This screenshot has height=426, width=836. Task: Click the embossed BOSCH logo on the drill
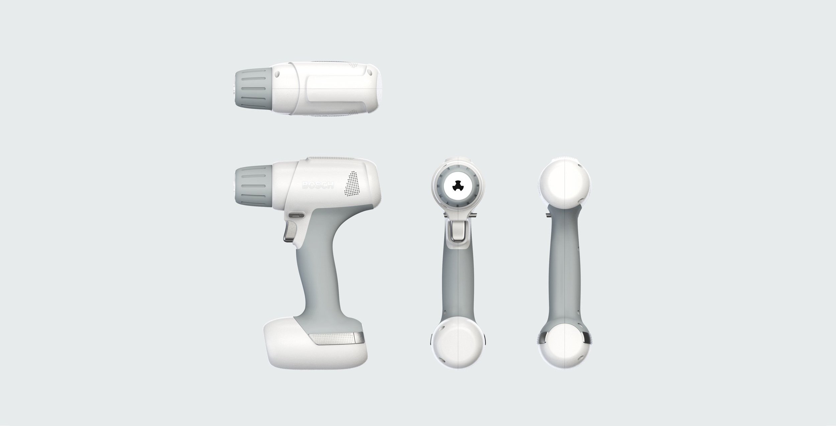[318, 185]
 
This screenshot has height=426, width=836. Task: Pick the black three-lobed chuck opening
[457, 189]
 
